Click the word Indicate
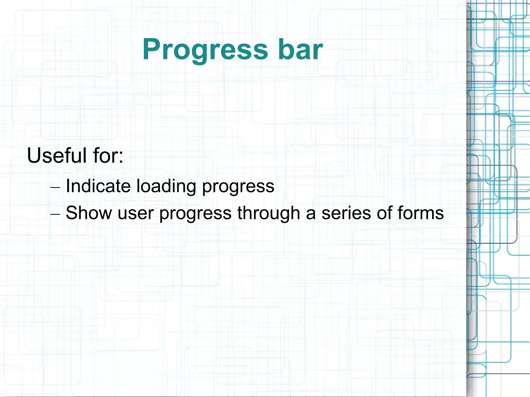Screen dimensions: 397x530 [98, 186]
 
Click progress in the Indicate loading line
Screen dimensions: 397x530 [238, 187]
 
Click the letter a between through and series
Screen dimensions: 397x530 [311, 214]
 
